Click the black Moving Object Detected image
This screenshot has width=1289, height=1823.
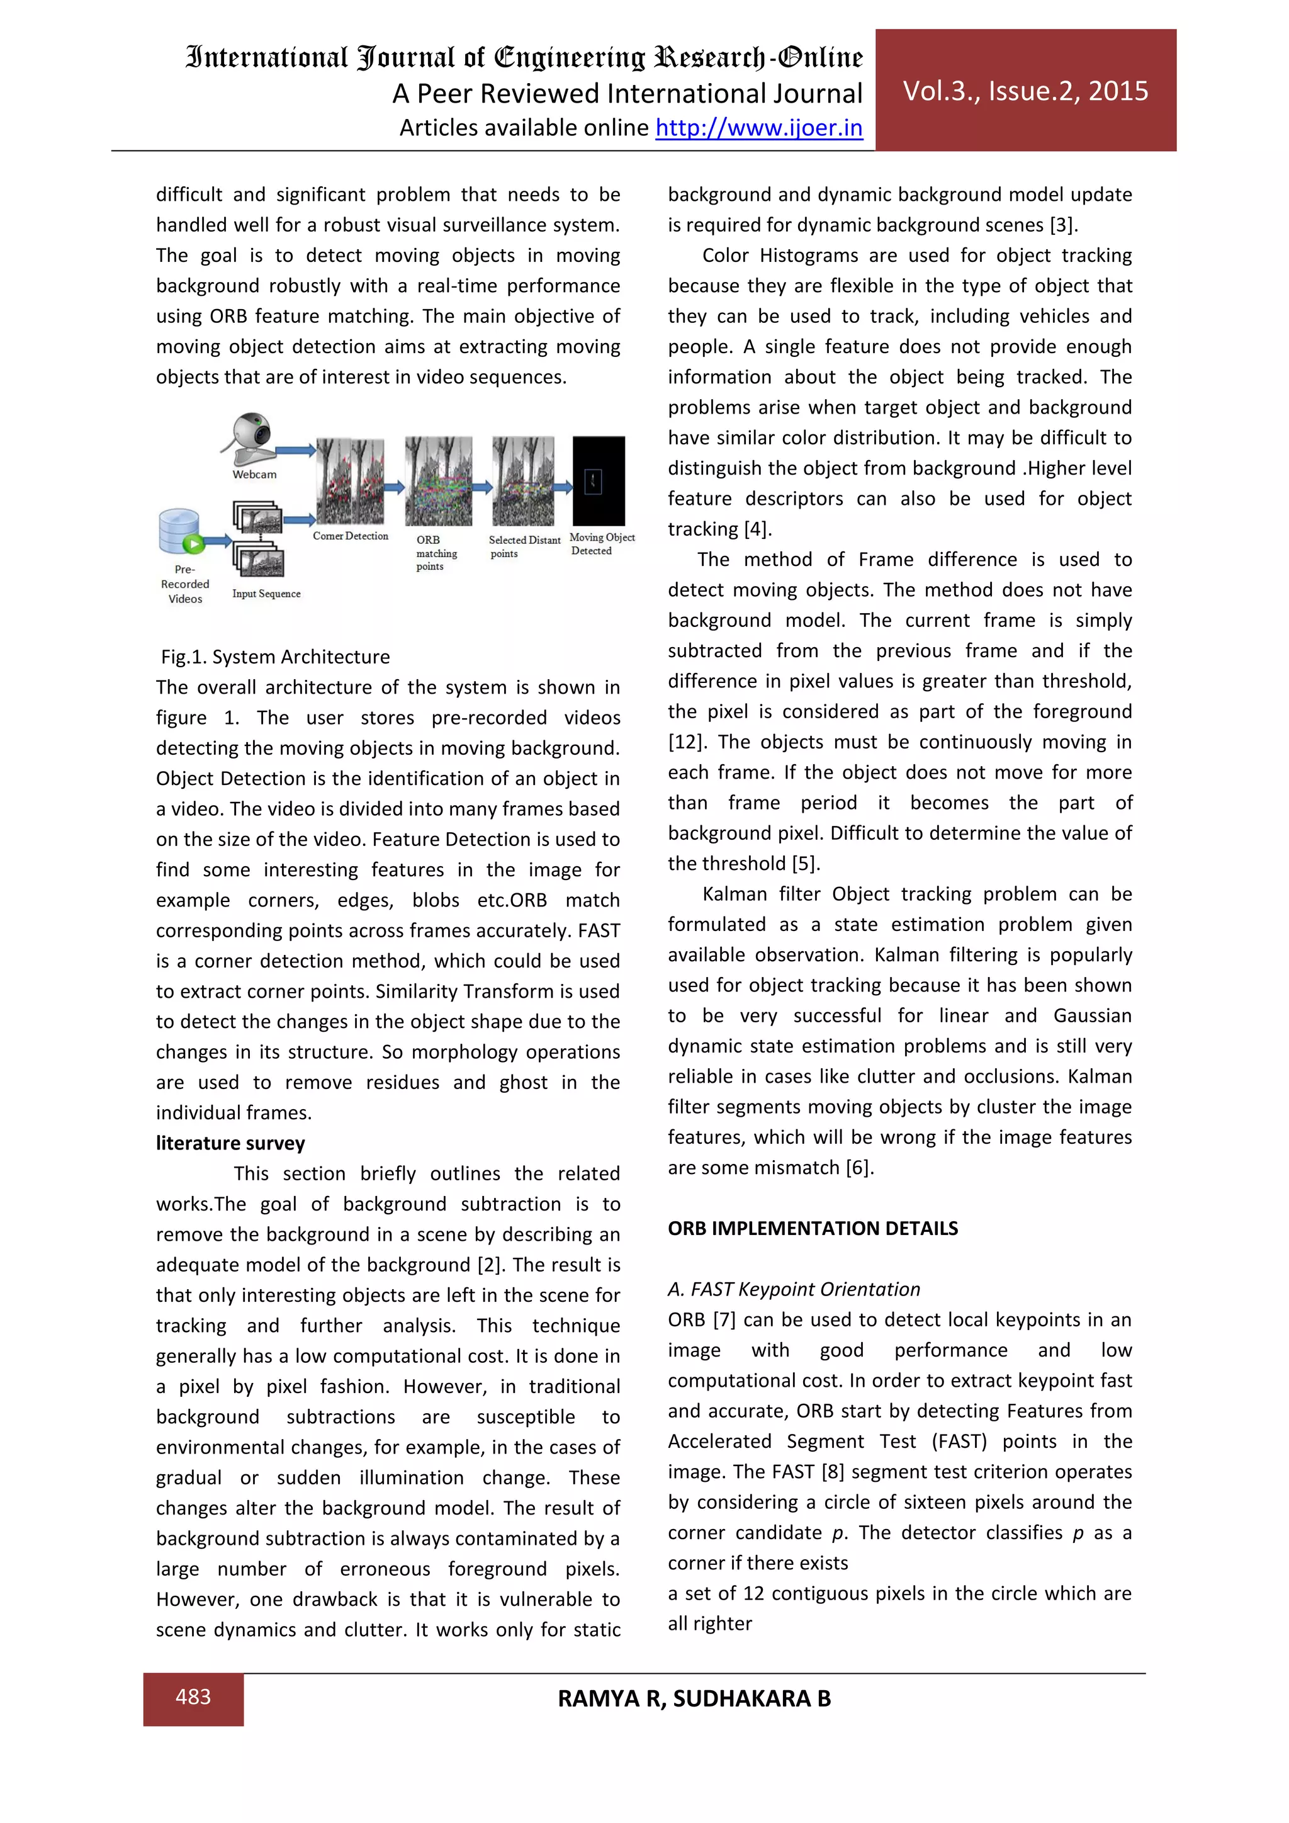click(x=599, y=480)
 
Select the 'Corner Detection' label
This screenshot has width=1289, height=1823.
click(x=350, y=536)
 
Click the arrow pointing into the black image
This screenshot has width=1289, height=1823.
click(x=563, y=487)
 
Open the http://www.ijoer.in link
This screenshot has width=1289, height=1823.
click(x=759, y=128)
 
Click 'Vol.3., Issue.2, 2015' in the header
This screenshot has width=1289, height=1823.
click(x=1025, y=91)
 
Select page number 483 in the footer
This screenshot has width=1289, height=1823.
click(x=193, y=1696)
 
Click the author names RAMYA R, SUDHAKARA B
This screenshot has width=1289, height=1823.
click(x=694, y=1698)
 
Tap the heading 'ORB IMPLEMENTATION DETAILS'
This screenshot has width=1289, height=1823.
click(x=812, y=1228)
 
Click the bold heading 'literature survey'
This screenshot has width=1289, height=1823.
click(x=230, y=1143)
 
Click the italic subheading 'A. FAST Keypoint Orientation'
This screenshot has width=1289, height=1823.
click(x=793, y=1289)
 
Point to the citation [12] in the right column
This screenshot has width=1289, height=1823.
click(x=686, y=742)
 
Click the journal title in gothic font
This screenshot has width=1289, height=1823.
click(x=524, y=58)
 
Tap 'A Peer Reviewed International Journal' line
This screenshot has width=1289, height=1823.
click(x=627, y=94)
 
